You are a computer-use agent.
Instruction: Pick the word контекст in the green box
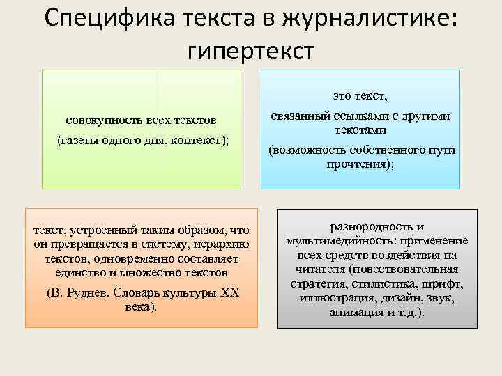pos(198,140)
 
